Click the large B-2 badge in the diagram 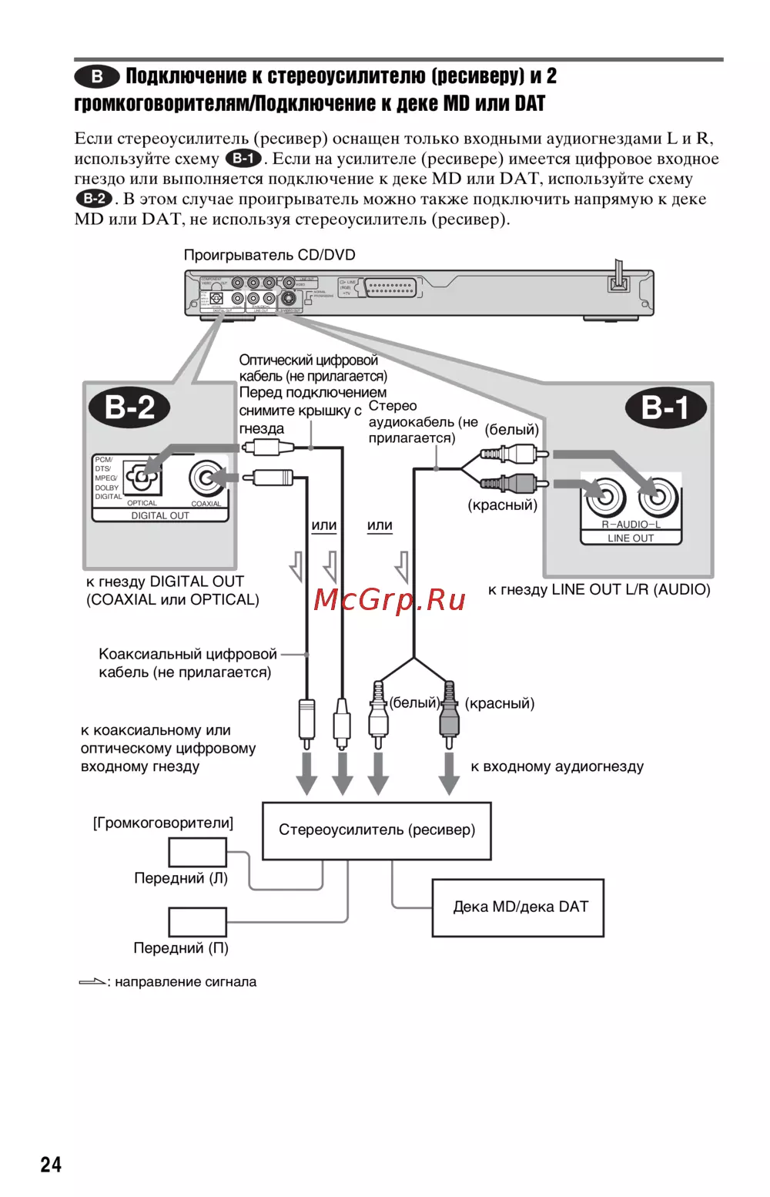(x=130, y=407)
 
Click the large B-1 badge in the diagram (x=665, y=407)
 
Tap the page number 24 (x=51, y=1164)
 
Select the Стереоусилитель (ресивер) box (x=377, y=830)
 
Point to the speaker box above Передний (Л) (x=197, y=852)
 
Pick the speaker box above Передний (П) (x=197, y=921)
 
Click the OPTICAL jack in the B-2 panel (x=142, y=478)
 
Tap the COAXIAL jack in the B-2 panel (x=206, y=478)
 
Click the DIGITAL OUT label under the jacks (x=160, y=515)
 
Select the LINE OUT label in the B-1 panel (x=631, y=538)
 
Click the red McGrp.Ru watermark (x=390, y=599)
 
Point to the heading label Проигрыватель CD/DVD (x=269, y=255)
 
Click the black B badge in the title (x=97, y=75)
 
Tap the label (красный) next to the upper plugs (x=503, y=505)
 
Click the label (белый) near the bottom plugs (x=414, y=702)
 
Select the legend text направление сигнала (x=186, y=982)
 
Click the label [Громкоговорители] (x=163, y=823)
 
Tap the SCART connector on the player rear (x=390, y=288)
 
